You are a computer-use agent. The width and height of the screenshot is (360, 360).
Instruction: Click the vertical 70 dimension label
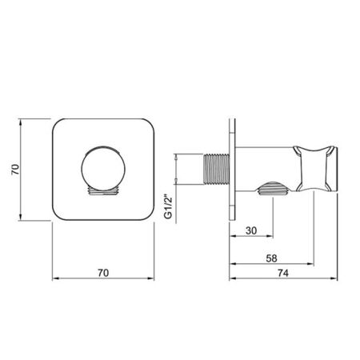[15, 170]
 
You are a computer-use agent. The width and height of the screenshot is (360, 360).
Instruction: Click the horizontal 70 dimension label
[103, 273]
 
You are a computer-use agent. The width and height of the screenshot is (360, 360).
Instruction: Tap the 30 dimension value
[251, 230]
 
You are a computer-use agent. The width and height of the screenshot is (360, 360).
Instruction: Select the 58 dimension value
[271, 258]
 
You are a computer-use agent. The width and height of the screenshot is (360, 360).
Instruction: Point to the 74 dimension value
[283, 273]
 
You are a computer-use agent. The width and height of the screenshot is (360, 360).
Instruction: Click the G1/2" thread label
[169, 208]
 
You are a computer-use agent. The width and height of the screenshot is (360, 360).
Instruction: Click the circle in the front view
[103, 169]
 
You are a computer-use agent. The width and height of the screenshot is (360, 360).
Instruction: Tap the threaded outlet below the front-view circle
[103, 191]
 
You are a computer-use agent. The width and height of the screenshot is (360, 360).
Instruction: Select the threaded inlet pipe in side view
[216, 169]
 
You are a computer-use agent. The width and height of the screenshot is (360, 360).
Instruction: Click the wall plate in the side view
[232, 170]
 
